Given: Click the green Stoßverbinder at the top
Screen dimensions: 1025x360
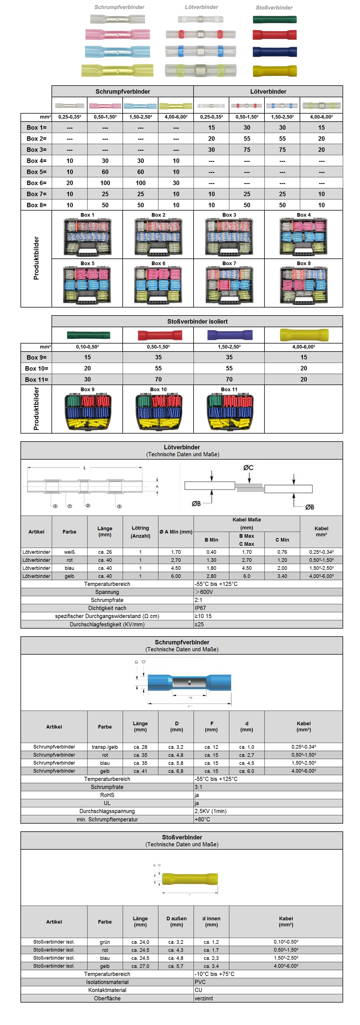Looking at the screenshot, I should [274, 19].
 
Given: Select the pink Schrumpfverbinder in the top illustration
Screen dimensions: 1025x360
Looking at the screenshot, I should [117, 35].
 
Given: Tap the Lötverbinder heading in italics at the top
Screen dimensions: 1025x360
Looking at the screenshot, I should [201, 7].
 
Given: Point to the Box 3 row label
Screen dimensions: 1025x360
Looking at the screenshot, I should [37, 150].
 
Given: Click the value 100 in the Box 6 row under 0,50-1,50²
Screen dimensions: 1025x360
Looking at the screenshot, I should [105, 183].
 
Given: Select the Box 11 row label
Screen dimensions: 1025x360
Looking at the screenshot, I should [37, 380].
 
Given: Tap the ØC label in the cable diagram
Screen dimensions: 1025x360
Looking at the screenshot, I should [248, 468].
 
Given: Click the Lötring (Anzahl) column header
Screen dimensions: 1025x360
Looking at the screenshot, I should [140, 532].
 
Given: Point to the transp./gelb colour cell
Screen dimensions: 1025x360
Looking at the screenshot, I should [105, 747].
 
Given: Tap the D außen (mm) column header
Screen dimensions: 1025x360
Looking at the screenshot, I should [176, 922].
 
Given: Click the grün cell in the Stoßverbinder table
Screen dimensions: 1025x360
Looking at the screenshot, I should [105, 942].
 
